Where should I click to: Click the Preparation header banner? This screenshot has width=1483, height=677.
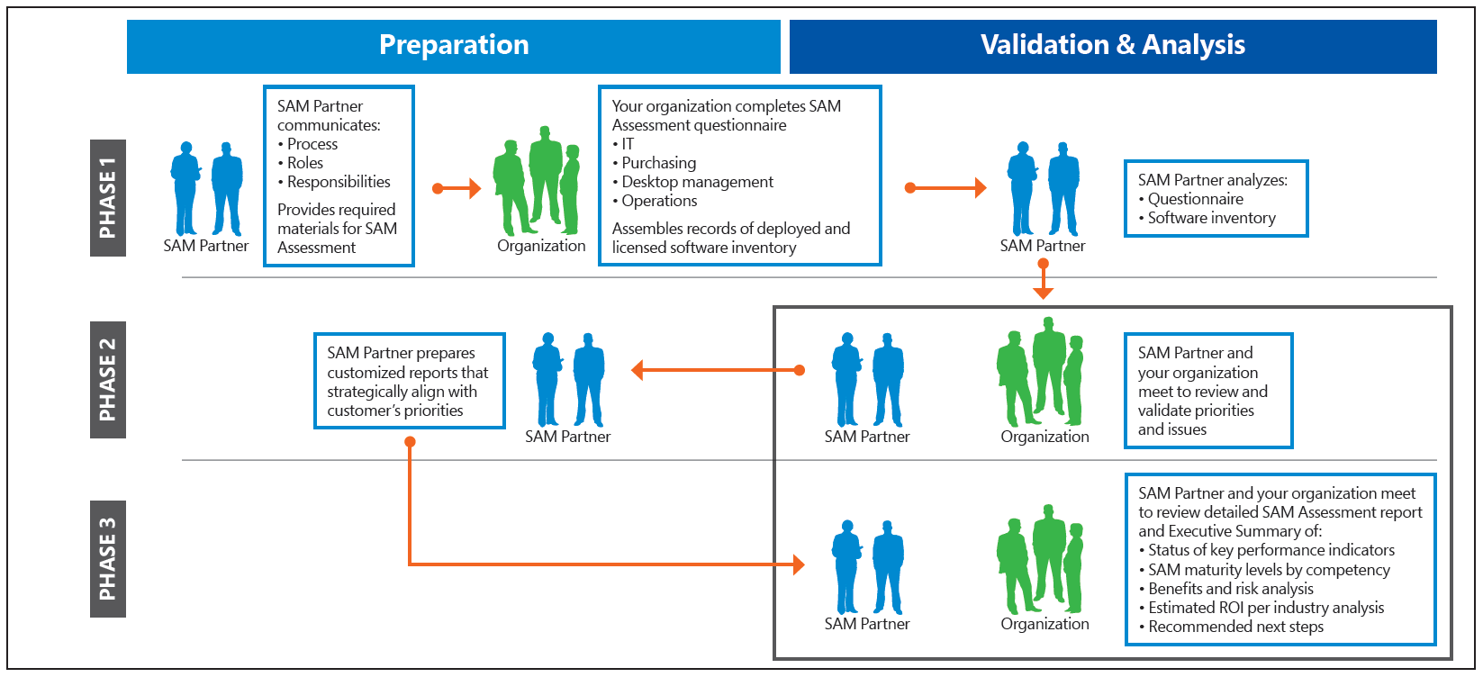tap(454, 46)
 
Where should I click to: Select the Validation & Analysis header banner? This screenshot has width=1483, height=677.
tap(1113, 46)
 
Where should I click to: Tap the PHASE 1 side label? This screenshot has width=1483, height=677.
tap(108, 198)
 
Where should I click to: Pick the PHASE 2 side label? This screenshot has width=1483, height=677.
tap(108, 380)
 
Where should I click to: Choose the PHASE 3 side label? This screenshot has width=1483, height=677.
tap(108, 559)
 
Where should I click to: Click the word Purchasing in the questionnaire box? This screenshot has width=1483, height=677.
tap(658, 163)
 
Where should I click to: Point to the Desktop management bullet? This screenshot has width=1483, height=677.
tap(697, 182)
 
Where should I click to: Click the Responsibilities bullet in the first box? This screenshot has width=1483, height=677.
tap(339, 182)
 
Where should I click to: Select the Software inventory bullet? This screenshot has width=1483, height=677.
tap(1211, 218)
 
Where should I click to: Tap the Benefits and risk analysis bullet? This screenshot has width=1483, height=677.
tap(1230, 589)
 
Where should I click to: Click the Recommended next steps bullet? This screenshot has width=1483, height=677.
tap(1235, 627)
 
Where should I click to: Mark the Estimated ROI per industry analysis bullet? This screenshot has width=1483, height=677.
tap(1265, 608)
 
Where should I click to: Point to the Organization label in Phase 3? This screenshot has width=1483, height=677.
tap(1044, 624)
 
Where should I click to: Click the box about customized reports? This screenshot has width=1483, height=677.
tap(409, 381)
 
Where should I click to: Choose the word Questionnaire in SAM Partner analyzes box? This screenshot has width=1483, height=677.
tap(1195, 199)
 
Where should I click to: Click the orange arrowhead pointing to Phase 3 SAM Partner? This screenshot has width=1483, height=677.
tap(798, 564)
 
